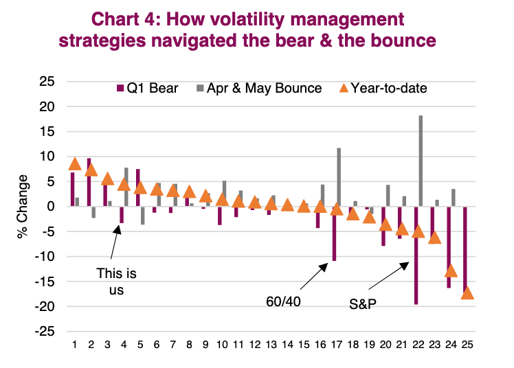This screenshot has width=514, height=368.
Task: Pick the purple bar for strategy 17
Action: point(334,233)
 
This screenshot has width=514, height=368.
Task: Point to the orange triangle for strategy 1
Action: point(75,163)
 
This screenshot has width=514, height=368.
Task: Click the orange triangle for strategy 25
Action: point(468,292)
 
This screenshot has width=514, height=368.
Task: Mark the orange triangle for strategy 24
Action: point(451,271)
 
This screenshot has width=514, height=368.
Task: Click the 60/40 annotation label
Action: point(283,300)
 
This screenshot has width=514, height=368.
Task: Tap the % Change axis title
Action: point(23,206)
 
